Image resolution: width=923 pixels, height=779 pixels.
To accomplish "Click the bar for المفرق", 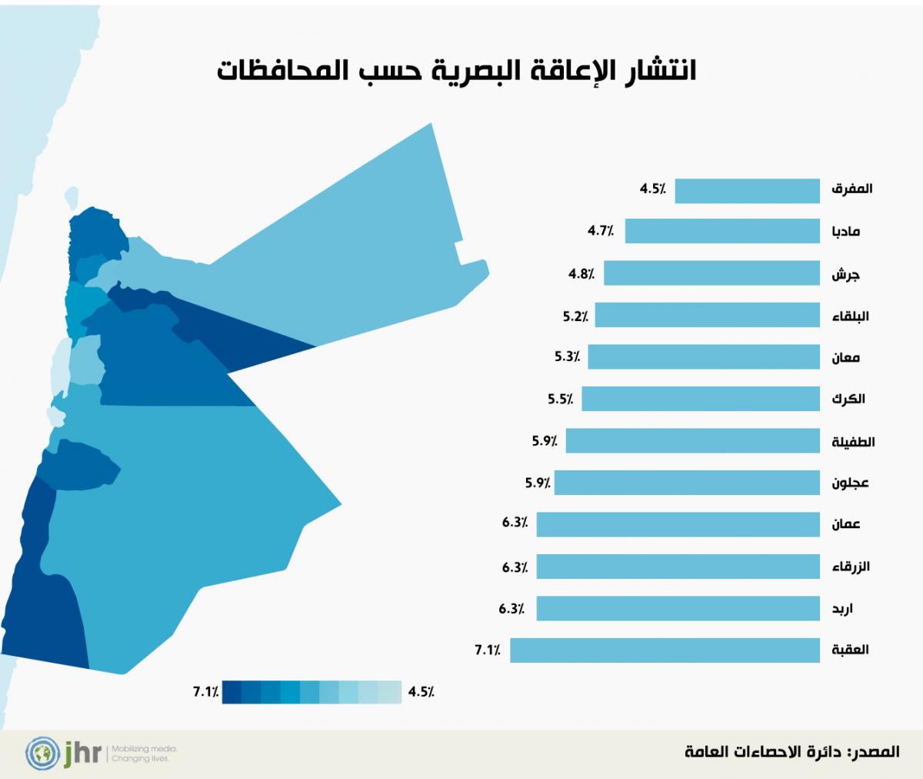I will pyautogui.click(x=747, y=190).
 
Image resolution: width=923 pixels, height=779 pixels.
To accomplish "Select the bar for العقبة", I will pyautogui.click(x=665, y=650).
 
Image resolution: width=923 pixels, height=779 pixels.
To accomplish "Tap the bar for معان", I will pyautogui.click(x=704, y=357).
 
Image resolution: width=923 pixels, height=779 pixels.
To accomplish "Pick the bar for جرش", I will pyautogui.click(x=711, y=273).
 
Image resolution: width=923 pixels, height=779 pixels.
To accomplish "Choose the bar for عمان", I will pyautogui.click(x=678, y=524).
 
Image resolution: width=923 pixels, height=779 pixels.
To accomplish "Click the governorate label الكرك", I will pyautogui.click(x=848, y=399).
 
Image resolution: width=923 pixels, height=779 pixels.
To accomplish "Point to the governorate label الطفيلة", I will pyautogui.click(x=853, y=442).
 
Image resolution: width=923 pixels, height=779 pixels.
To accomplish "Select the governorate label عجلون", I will pyautogui.click(x=850, y=483).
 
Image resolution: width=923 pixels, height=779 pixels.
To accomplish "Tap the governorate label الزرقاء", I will pyautogui.click(x=851, y=567).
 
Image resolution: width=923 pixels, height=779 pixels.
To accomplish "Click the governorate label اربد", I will pyautogui.click(x=842, y=609).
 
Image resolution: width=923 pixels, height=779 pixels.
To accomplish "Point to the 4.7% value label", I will pyautogui.click(x=601, y=230).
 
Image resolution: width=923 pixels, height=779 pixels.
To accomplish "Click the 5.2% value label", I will pyautogui.click(x=575, y=315).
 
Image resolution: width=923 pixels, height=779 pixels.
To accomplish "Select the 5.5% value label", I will pyautogui.click(x=561, y=399).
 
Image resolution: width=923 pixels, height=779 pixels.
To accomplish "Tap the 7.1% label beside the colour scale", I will pyautogui.click(x=206, y=692).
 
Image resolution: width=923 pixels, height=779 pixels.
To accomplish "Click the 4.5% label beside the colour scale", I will pyautogui.click(x=422, y=692).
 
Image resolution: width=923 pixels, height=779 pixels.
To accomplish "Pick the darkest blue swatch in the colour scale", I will pyautogui.click(x=232, y=692).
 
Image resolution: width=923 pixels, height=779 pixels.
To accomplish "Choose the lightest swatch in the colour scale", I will pyautogui.click(x=392, y=692).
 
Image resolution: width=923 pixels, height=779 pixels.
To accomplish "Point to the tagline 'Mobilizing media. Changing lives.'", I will pyautogui.click(x=144, y=753).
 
